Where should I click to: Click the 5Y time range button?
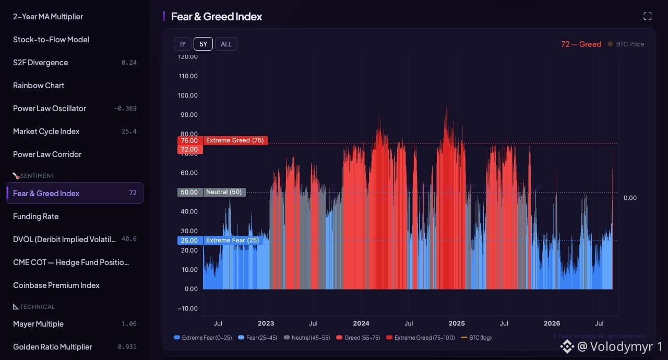tap(203, 44)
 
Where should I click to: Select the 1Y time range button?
tap(183, 44)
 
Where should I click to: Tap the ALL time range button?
tap(226, 44)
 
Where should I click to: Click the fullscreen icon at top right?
tap(648, 16)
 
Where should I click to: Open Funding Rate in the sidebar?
tap(36, 217)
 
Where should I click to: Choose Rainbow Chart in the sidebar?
tap(39, 86)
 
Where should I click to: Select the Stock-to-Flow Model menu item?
tap(51, 40)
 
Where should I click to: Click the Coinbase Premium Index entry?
tap(56, 285)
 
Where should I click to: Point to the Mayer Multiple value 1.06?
tap(129, 324)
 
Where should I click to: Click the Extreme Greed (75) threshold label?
tap(235, 140)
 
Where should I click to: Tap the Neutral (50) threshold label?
tap(224, 192)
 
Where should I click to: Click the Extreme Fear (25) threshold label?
tap(233, 240)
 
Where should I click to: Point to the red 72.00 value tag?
tap(190, 149)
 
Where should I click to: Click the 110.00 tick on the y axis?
tap(188, 76)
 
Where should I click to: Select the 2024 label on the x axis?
tap(361, 323)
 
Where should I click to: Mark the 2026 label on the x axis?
tap(552, 323)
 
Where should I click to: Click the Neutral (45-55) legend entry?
tap(307, 338)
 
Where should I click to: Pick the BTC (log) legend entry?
tap(476, 338)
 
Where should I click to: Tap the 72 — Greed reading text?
tap(581, 44)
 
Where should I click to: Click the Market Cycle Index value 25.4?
tap(129, 131)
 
